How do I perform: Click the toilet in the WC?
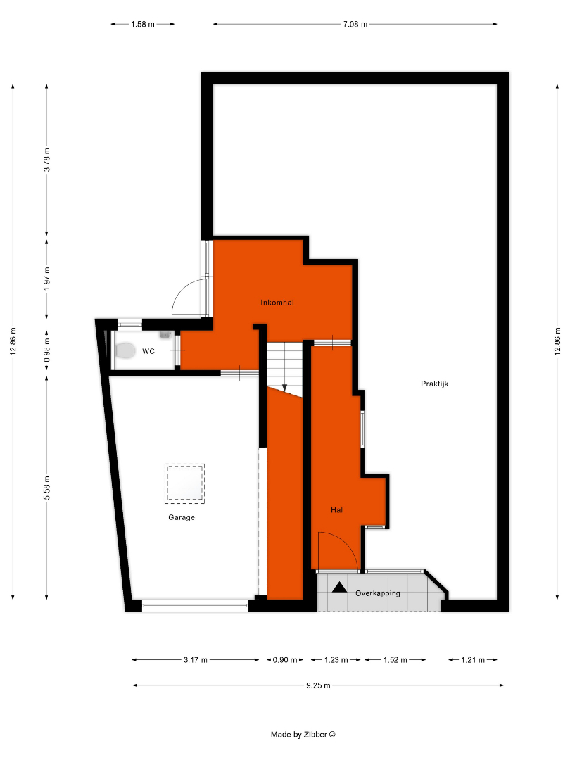click(125, 350)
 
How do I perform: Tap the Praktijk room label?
click(434, 384)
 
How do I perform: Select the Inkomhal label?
click(277, 303)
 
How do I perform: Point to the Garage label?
click(182, 517)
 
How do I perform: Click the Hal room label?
click(336, 510)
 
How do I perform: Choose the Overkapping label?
click(378, 593)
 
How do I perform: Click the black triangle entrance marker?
click(339, 588)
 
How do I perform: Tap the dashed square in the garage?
click(184, 483)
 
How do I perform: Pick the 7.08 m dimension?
click(355, 24)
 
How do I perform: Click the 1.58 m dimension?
click(142, 24)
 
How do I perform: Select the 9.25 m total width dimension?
click(318, 685)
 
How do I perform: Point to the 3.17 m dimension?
click(196, 659)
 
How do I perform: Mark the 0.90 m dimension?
click(285, 659)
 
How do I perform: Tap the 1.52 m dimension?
click(395, 659)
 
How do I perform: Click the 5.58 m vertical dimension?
click(46, 488)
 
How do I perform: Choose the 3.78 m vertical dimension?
click(46, 160)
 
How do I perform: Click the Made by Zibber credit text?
click(303, 734)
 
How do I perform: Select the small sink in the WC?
click(165, 334)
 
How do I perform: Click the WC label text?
click(148, 351)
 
